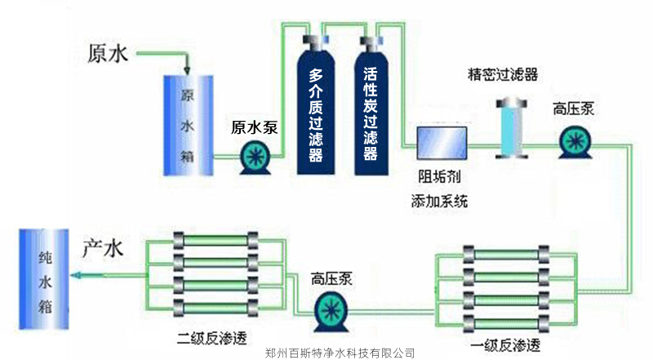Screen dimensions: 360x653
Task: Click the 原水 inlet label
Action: [108, 54]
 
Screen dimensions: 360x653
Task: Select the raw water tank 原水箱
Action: [188, 124]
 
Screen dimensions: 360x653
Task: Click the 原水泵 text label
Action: [255, 127]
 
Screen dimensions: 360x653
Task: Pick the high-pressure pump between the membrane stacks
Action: [332, 309]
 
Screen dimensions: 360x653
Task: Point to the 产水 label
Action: [103, 249]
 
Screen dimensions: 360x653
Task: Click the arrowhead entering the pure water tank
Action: [78, 276]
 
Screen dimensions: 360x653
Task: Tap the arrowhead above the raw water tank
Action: [188, 69]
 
